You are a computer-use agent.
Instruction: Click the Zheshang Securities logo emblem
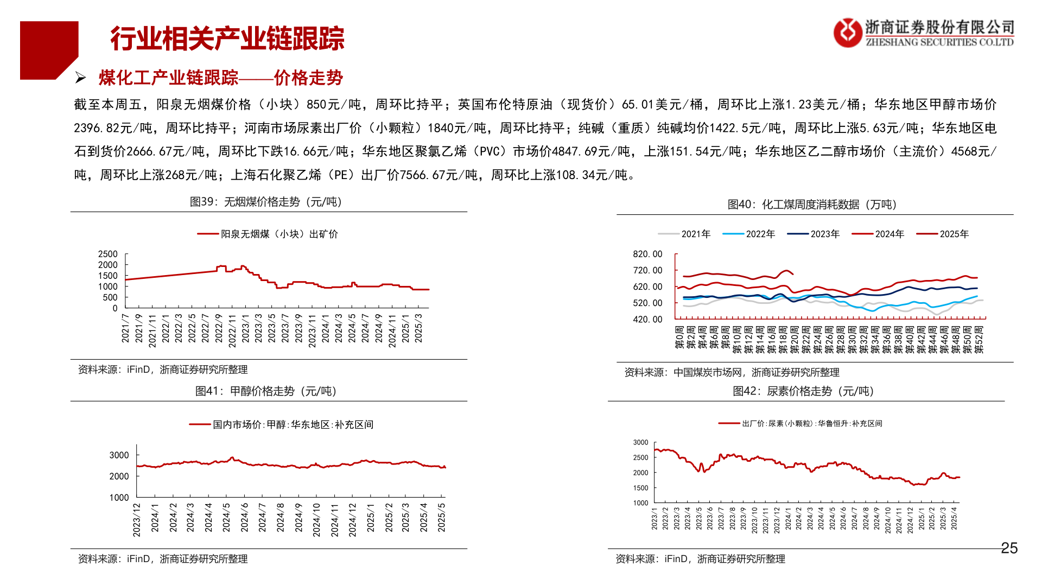[847, 33]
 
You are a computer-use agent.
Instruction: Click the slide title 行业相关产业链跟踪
[227, 39]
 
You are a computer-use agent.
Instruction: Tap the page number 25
[1009, 548]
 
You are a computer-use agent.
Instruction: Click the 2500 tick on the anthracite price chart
[107, 254]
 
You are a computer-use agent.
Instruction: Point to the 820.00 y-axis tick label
[647, 254]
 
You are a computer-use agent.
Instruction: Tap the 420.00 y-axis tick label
[647, 319]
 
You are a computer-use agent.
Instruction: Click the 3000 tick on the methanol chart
[119, 455]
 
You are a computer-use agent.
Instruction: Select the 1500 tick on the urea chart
[640, 488]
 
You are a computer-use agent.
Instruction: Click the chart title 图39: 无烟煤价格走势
[266, 202]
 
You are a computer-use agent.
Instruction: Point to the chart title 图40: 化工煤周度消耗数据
[812, 205]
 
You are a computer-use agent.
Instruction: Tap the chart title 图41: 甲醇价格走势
[266, 391]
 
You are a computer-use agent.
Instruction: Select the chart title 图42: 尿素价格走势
[803, 391]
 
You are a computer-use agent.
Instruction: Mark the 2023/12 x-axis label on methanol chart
[137, 520]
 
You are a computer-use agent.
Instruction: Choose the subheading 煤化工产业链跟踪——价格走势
[220, 78]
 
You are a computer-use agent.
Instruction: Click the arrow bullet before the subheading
[81, 78]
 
